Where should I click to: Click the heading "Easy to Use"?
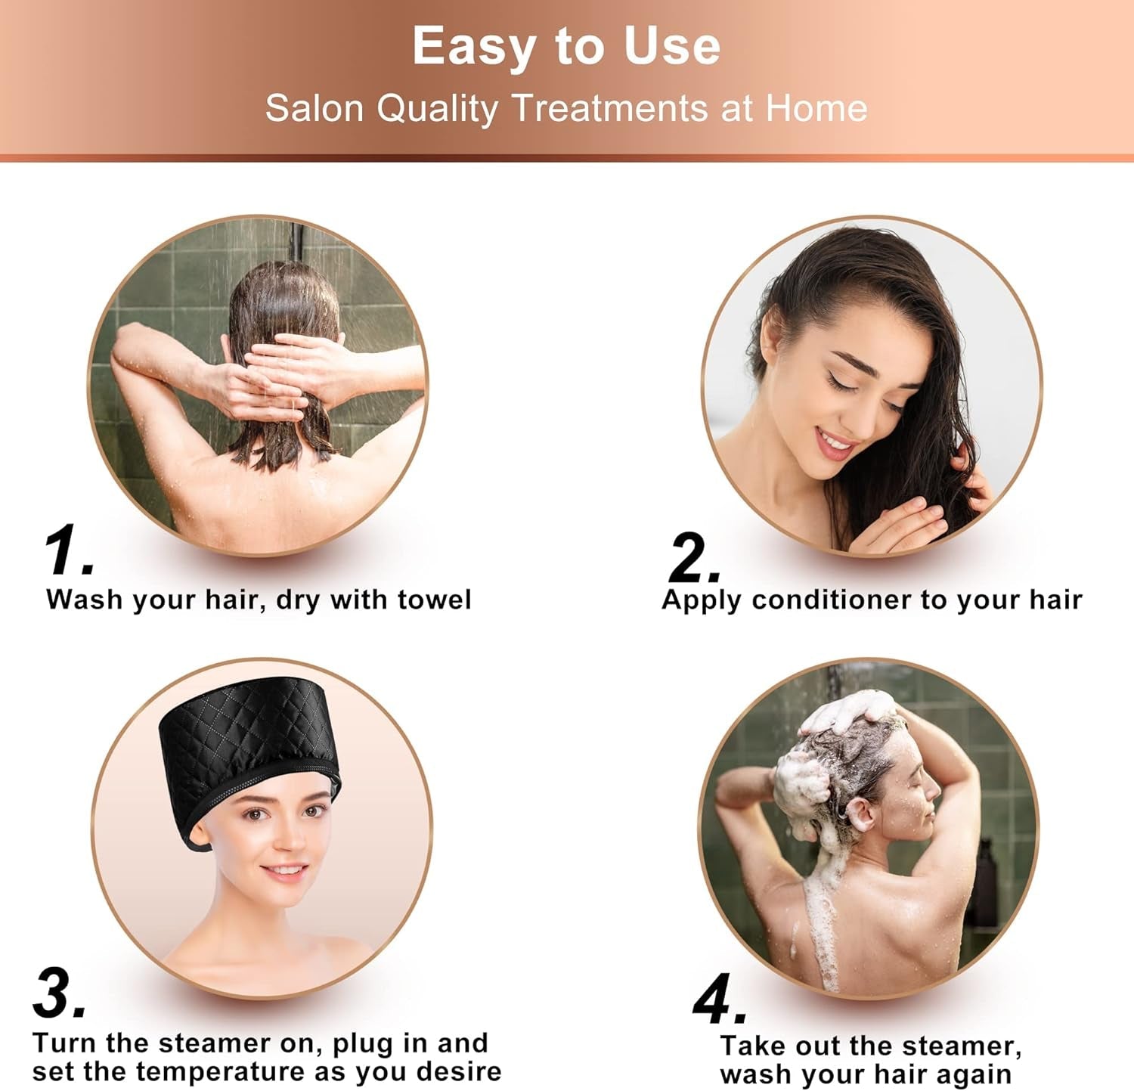click(x=566, y=46)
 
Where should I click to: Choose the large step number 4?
click(x=717, y=1000)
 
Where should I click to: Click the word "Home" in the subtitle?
click(x=816, y=108)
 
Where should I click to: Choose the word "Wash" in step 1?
click(x=84, y=600)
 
